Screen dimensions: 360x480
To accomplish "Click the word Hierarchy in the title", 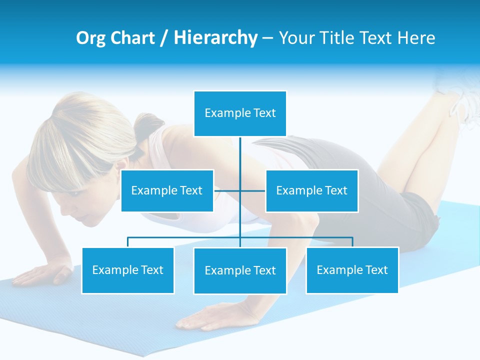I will click(x=215, y=38).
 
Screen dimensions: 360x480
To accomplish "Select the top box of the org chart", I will click(x=240, y=113).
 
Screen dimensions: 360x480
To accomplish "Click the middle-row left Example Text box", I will click(x=167, y=190).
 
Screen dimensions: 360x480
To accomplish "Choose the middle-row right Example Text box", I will click(x=311, y=190).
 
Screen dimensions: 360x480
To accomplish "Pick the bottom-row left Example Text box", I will click(x=128, y=270).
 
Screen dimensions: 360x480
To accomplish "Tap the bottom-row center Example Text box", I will click(x=240, y=270).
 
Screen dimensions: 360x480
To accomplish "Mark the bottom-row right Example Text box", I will click(x=352, y=270).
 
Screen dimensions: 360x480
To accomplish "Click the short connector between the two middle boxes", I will click(x=227, y=190).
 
